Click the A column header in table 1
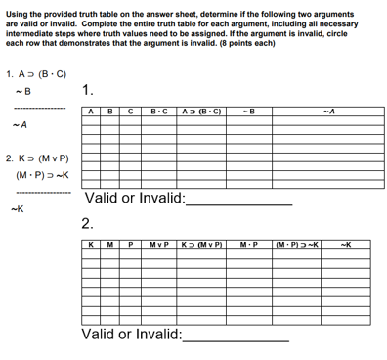92,112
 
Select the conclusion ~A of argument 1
19,124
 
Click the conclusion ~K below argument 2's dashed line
17,207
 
